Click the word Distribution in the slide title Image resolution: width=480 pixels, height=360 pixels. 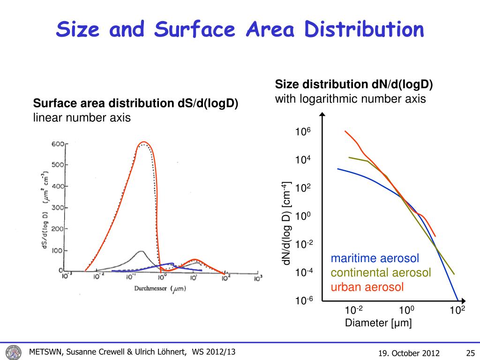pyautogui.click(x=364, y=30)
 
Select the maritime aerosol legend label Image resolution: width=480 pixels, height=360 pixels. pyautogui.click(x=375, y=259)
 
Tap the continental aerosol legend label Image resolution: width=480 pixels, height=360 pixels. pyautogui.click(x=381, y=273)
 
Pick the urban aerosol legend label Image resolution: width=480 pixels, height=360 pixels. pyautogui.click(x=367, y=287)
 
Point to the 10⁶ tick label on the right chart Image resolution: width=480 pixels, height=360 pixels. pyautogui.click(x=303, y=133)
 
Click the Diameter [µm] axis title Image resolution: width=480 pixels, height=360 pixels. pyautogui.click(x=378, y=323)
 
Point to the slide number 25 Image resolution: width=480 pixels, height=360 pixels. pyautogui.click(x=471, y=353)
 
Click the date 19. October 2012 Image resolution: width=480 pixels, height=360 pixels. pyautogui.click(x=408, y=353)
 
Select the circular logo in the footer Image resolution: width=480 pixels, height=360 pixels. pyautogui.click(x=14, y=352)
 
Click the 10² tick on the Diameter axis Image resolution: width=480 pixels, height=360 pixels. pyautogui.click(x=457, y=310)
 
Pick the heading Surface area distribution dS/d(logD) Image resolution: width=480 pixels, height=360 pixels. pyautogui.click(x=136, y=103)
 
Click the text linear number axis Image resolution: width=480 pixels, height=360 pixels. pyautogui.click(x=82, y=118)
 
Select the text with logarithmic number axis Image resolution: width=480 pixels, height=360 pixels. pyautogui.click(x=350, y=99)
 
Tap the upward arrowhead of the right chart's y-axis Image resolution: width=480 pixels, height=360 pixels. pyautogui.click(x=322, y=115)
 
